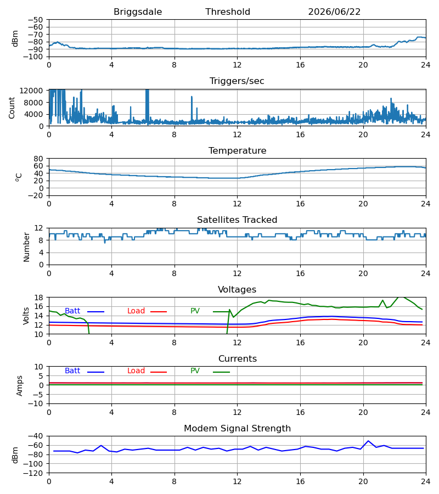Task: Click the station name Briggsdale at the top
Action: coord(138,12)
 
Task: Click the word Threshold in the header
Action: coord(228,12)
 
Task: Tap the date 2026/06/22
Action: coord(334,12)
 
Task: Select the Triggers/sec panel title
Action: coord(237,81)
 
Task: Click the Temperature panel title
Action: coord(237,150)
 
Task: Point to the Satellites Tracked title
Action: coord(237,220)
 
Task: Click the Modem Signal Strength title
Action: coord(237,429)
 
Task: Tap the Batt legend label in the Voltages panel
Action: coord(72,311)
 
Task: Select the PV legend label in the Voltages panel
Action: coord(195,311)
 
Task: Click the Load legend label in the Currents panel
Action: coord(136,371)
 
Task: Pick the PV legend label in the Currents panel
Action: coord(195,371)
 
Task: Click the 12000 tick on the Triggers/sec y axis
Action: coord(31,91)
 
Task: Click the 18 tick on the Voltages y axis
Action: coord(39,297)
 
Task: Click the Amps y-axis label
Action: coord(20,386)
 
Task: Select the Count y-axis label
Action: coord(12,108)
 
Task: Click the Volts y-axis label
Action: coord(26,316)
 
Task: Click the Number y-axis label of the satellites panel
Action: coord(26,247)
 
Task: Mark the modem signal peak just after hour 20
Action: coord(368,441)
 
